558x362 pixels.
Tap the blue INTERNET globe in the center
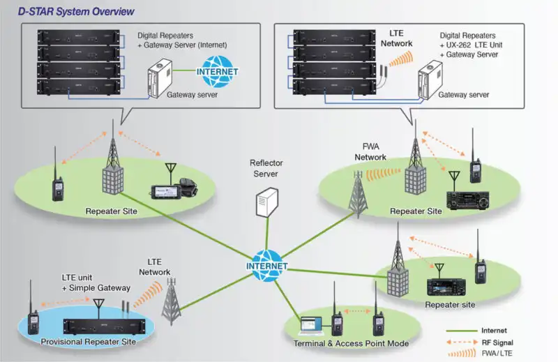266,265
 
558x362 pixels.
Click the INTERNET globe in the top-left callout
217,71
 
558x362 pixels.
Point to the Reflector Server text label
266,167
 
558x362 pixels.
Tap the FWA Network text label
370,151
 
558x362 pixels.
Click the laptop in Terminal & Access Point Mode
312,324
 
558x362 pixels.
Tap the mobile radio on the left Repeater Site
170,186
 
